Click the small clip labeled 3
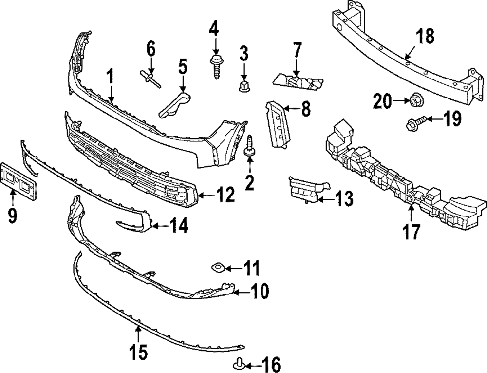(x=244, y=87)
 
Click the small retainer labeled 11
(x=217, y=267)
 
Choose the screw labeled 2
(x=251, y=147)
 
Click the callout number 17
(x=411, y=231)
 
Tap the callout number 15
(x=137, y=352)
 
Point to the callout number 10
(x=260, y=292)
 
